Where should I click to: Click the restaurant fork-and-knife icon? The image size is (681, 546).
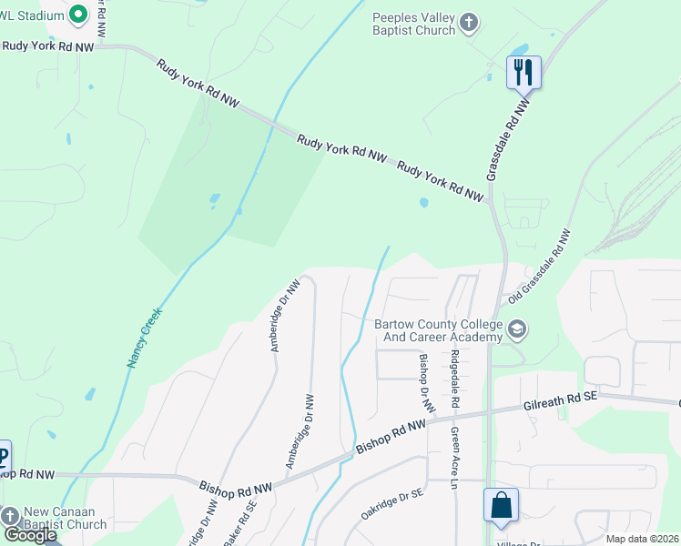(x=523, y=72)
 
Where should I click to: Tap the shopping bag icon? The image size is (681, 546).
(x=501, y=506)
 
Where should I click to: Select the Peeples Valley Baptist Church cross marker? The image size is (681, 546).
(x=469, y=23)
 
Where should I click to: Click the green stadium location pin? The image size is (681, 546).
(x=77, y=14)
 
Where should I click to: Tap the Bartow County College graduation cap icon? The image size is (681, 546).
(x=517, y=329)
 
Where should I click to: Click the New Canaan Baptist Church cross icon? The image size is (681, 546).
(x=10, y=517)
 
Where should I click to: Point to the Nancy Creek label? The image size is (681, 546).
(x=144, y=338)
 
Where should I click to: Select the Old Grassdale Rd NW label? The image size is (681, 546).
(x=540, y=266)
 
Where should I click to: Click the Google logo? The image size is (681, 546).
(x=30, y=535)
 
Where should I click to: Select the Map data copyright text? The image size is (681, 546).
(x=643, y=539)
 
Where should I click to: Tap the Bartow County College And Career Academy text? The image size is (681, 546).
(x=438, y=331)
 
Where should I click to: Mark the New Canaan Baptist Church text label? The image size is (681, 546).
(x=66, y=518)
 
